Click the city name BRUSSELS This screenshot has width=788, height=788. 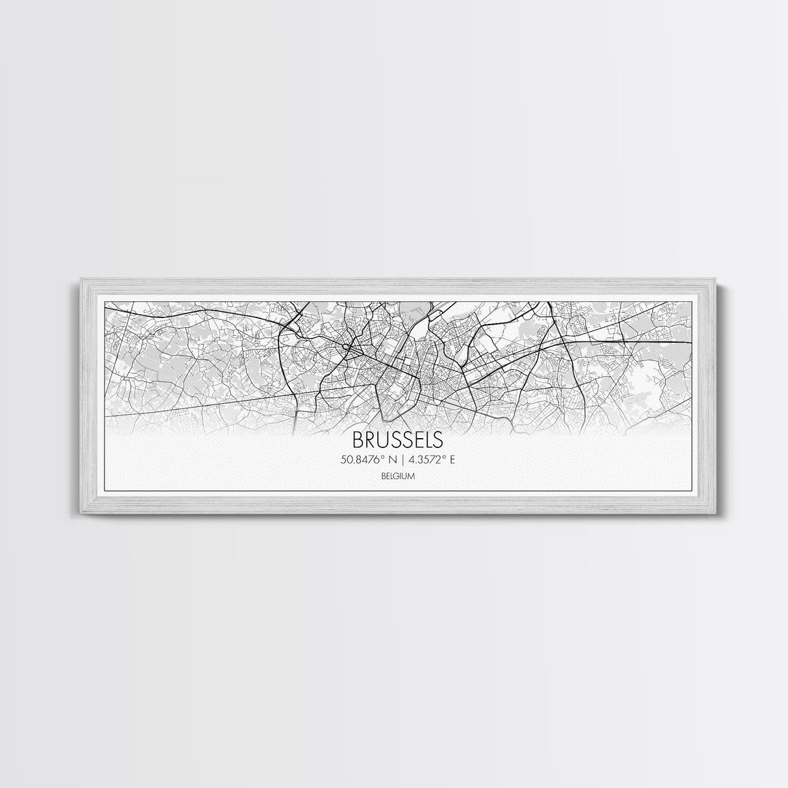(398, 439)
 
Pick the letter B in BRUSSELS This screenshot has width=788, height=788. (358, 439)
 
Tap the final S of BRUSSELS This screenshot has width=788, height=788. (438, 439)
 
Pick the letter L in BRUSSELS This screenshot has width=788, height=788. (428, 439)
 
